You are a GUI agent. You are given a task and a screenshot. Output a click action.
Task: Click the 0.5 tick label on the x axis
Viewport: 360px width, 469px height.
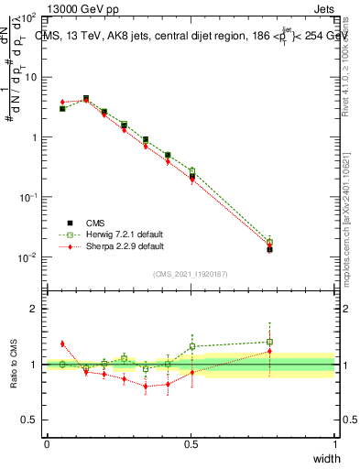(x=191, y=443)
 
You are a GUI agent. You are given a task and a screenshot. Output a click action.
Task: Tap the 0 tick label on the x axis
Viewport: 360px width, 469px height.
(x=47, y=443)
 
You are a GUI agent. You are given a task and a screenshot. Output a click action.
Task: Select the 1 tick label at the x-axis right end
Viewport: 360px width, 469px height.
(x=334, y=443)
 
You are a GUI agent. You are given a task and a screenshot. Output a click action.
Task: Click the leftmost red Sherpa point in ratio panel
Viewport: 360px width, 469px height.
(x=62, y=344)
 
